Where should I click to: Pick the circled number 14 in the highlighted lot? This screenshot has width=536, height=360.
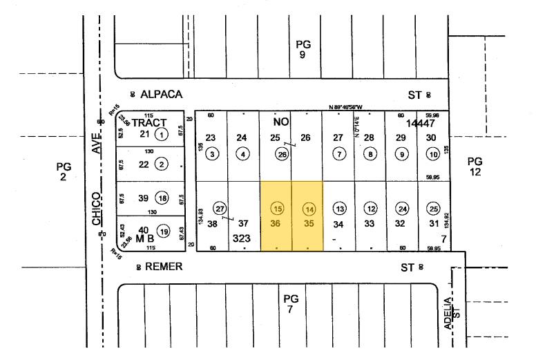tap(309, 209)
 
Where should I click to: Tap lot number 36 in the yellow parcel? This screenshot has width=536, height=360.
tap(277, 224)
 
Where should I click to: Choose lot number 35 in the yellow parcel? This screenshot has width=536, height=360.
tap(309, 224)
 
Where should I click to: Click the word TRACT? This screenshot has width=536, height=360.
tap(149, 122)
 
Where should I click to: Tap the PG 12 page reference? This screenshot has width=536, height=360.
tap(475, 167)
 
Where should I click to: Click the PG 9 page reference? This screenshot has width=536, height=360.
tap(303, 49)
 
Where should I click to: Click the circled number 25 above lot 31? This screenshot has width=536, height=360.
tap(433, 209)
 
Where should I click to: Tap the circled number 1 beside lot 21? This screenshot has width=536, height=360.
tap(162, 134)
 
